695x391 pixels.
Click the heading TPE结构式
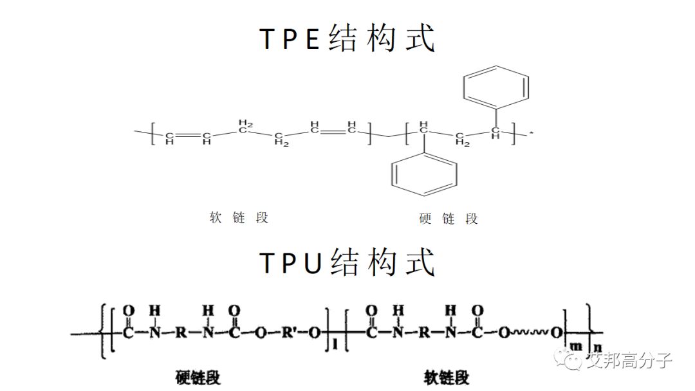coord(347,39)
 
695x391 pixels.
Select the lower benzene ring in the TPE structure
coord(425,172)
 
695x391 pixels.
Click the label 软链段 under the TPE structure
coord(238,217)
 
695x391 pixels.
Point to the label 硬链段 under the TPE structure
coord(449,219)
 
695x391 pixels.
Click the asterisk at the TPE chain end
coord(532,134)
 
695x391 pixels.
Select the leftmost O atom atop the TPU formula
coord(129,311)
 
